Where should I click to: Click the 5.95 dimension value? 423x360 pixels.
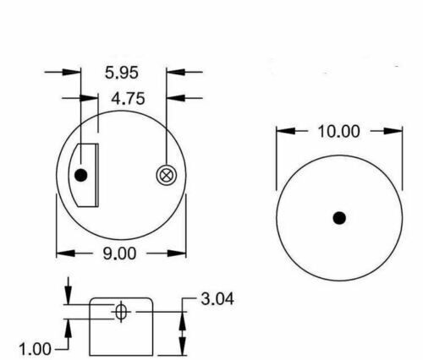coord(123,74)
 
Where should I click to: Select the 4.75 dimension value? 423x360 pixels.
coord(128,98)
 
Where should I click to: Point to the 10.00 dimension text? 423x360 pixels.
coord(338,132)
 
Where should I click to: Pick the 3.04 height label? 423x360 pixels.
coord(217,298)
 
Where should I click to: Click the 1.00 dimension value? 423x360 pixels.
coord(36,347)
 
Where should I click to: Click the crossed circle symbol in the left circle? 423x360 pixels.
coord(166,175)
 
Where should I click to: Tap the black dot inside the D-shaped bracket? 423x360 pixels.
coord(81,176)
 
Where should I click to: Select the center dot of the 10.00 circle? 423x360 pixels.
coord(339,218)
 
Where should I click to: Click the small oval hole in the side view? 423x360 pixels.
coord(121,313)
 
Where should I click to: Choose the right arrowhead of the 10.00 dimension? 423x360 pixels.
coord(395,132)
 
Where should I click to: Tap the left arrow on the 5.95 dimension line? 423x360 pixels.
coord(74,74)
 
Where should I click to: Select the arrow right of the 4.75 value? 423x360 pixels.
coord(173,98)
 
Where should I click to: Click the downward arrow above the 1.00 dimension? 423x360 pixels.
coord(67,298)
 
